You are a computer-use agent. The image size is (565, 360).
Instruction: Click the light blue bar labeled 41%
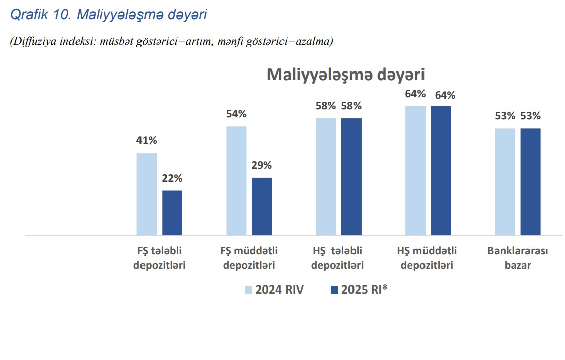coord(147,194)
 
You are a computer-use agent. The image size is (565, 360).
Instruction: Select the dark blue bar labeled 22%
coord(172,212)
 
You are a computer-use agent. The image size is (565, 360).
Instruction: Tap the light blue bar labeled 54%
coord(236,181)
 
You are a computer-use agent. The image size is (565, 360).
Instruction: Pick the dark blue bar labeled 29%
coord(262,206)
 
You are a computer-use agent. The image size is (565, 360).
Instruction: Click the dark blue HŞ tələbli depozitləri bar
coord(351,177)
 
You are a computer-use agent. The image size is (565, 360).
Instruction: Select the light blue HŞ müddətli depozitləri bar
coord(415,171)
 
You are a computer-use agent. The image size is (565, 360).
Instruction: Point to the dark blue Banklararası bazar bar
coord(530,182)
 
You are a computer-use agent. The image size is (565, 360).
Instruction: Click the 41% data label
coord(147,141)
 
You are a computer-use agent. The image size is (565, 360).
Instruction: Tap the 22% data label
coord(172,178)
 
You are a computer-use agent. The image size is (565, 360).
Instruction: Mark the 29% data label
coord(262,166)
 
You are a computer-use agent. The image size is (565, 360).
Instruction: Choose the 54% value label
coord(236,114)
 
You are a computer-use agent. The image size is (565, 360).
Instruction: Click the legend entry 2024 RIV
coord(274,290)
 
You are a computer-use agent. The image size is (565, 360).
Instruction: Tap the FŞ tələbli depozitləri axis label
coord(160,258)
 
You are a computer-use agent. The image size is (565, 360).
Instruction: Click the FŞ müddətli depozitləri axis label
coord(249,258)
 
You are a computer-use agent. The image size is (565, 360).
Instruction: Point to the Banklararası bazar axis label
coord(518,258)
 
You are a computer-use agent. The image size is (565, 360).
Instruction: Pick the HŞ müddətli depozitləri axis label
coord(427,258)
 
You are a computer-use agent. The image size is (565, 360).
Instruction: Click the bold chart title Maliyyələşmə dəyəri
coord(345,75)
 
